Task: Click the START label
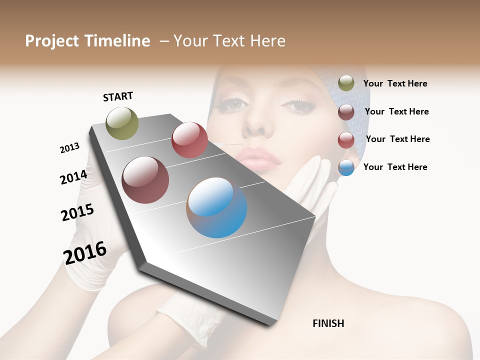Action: tap(118, 96)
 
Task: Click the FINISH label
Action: tap(328, 323)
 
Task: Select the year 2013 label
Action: tap(69, 148)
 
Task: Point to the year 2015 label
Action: tap(77, 212)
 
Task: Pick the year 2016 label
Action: tap(85, 253)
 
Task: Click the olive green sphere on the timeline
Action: tap(122, 123)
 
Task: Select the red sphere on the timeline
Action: tap(189, 140)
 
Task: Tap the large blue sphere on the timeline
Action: tap(216, 207)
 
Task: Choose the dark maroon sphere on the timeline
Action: tap(145, 180)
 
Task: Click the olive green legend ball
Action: tap(346, 83)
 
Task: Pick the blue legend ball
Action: tap(346, 167)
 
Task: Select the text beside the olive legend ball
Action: tap(395, 84)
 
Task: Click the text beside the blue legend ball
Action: tap(395, 167)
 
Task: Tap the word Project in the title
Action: tap(50, 41)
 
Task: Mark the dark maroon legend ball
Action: tap(346, 112)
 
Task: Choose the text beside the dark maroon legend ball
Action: tap(396, 111)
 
